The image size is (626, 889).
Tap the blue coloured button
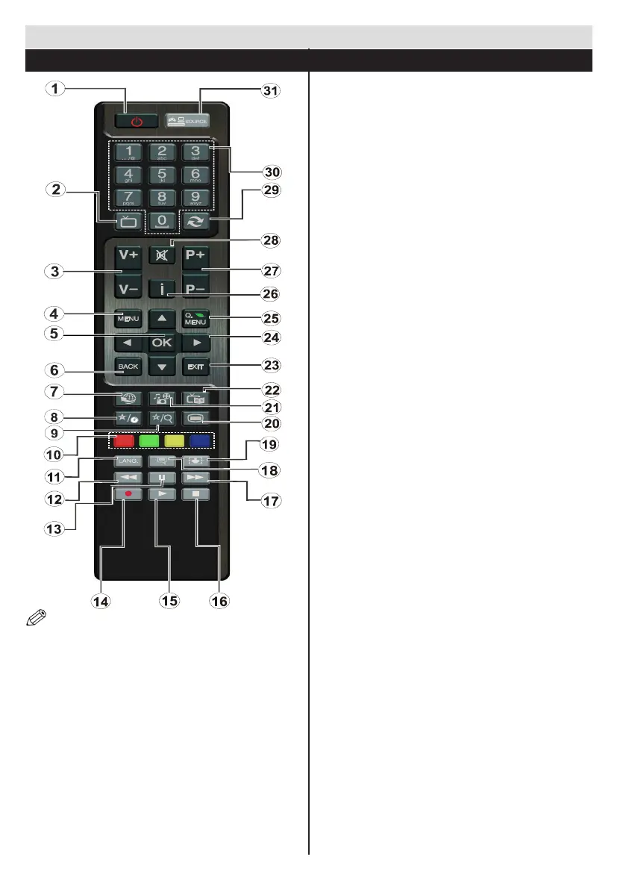[198, 440]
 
